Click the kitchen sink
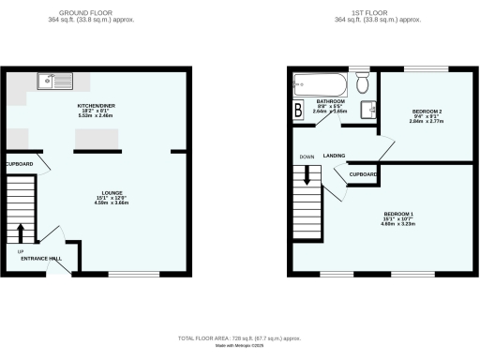[48, 82]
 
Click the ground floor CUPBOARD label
[21, 165]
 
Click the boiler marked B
[299, 111]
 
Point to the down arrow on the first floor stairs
[307, 173]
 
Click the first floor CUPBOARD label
[363, 174]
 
